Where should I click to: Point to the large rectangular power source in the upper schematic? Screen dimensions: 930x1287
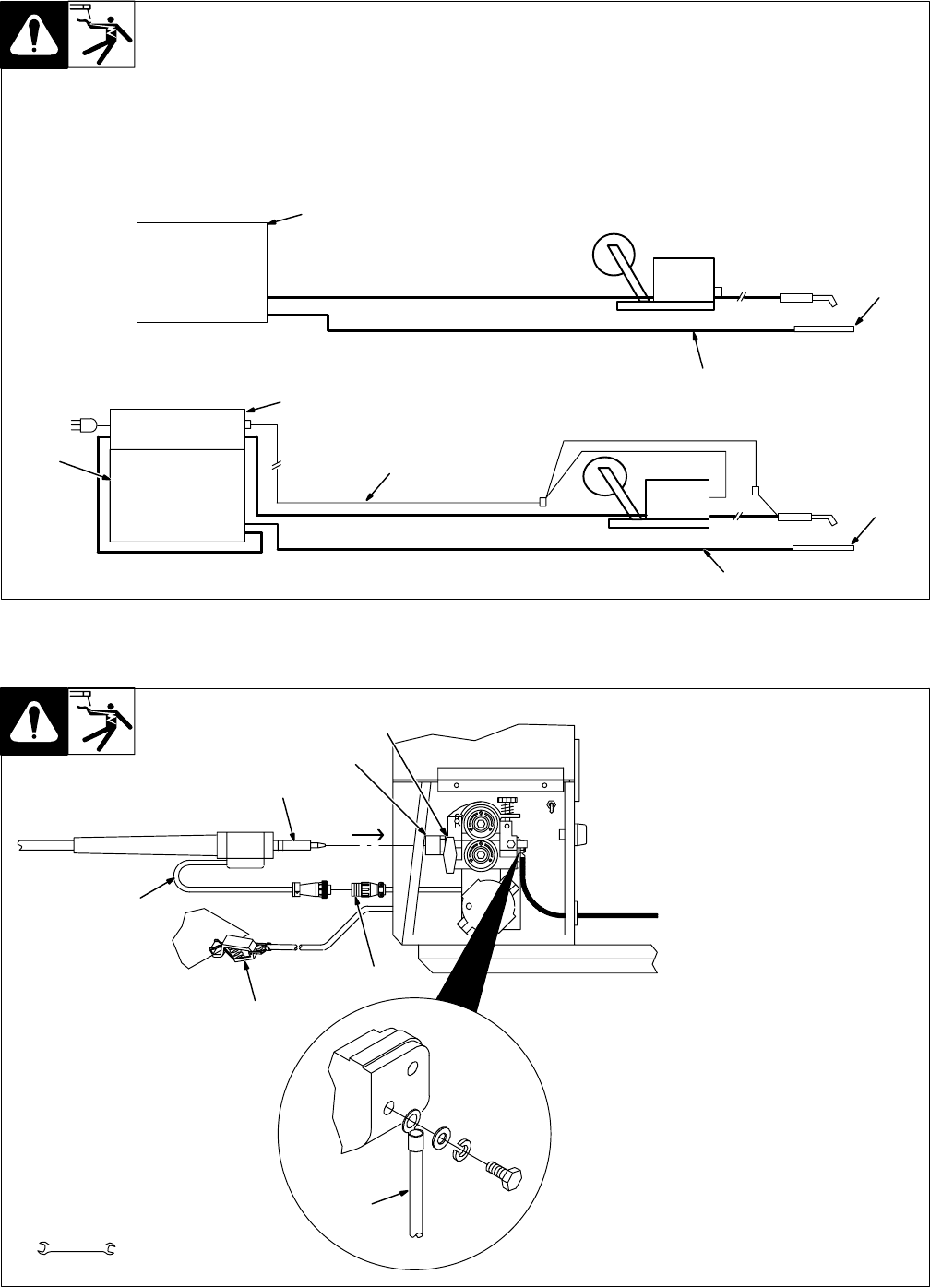tap(201, 271)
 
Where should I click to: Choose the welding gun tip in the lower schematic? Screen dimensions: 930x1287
tap(832, 518)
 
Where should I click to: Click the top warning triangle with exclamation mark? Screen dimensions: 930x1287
tap(34, 35)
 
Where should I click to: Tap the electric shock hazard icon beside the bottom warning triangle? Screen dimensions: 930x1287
tap(101, 721)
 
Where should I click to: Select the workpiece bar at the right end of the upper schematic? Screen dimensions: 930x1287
tap(823, 328)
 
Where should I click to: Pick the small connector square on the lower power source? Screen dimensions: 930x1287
tap(247, 424)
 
